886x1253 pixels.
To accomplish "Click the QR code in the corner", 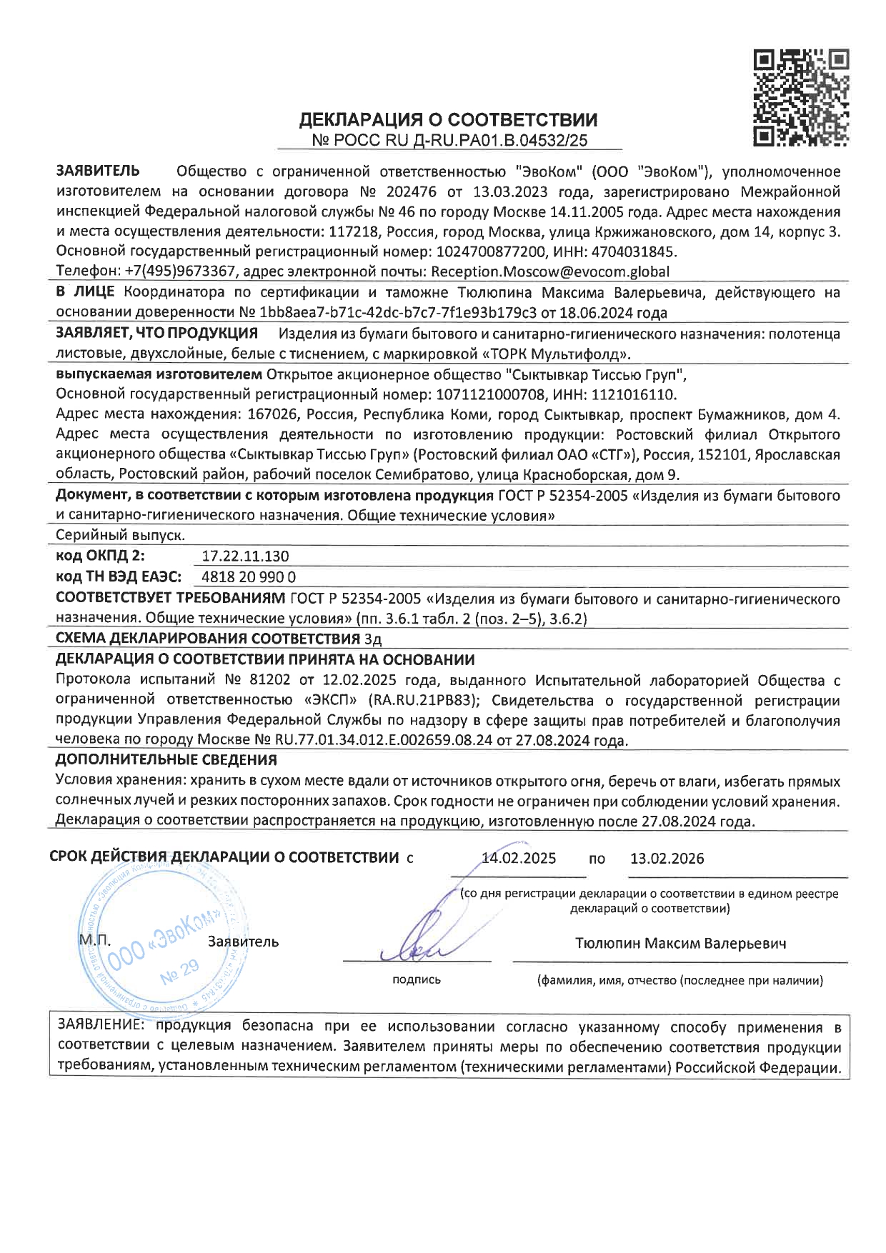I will coord(801,97).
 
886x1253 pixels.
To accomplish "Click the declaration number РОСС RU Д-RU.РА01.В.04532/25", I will coord(450,141).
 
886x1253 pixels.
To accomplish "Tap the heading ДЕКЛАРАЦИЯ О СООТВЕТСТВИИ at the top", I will coord(448,119).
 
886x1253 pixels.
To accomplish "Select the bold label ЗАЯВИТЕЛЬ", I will coord(98,171).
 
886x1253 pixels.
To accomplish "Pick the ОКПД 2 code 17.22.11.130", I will coord(236,556).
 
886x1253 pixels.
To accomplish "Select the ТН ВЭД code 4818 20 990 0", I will coord(249,577).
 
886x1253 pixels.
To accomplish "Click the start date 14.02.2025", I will coord(519,859).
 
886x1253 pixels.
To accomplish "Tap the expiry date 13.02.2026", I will coord(667,859).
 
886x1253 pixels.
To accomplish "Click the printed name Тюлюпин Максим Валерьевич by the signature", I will coord(680,943).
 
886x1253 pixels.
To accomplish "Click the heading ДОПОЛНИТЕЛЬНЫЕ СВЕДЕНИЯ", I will coord(166,759).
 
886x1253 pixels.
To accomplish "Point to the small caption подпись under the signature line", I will coord(417,980).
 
